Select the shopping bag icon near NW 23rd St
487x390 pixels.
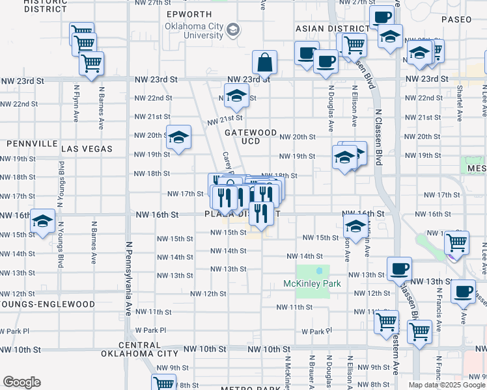tap(265, 63)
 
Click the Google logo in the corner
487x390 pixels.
tap(21, 382)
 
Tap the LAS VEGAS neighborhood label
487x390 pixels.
tap(87, 149)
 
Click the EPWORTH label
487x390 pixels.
tap(189, 14)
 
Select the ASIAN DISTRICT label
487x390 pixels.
tap(332, 29)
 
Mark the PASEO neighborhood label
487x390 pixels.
tap(456, 19)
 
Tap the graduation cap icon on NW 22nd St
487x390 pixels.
tap(237, 96)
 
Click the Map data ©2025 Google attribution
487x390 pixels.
tap(447, 384)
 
